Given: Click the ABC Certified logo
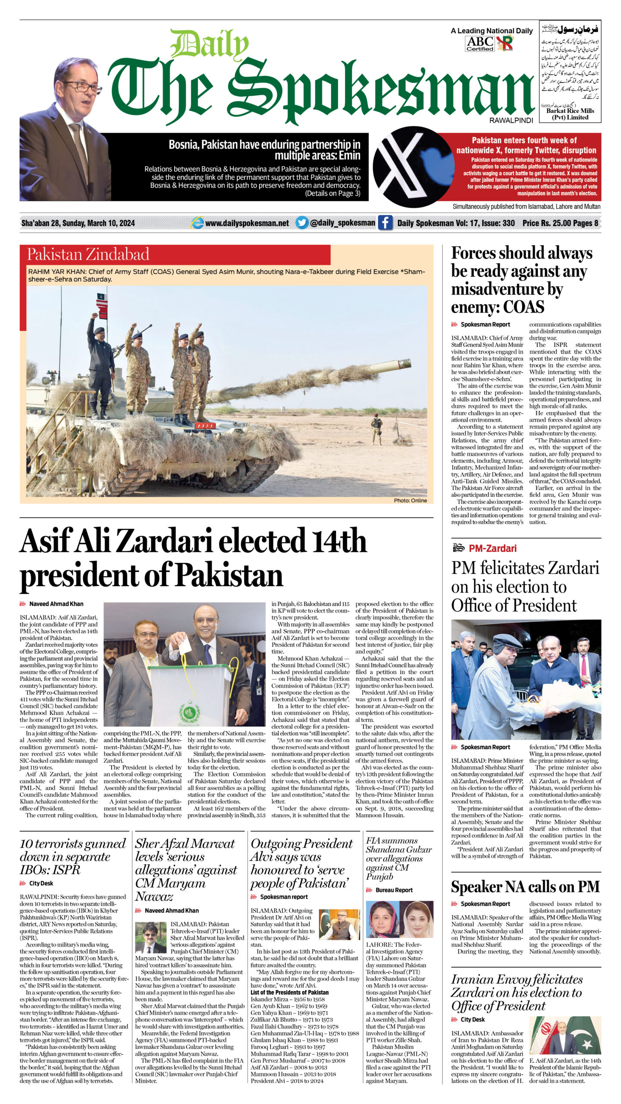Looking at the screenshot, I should coord(480,44).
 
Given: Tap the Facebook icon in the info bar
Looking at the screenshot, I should coord(385,223).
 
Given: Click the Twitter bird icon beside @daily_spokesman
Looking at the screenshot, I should coord(302,223).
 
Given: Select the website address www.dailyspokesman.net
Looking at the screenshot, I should coord(247,223).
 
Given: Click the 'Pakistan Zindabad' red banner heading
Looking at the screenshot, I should coord(88,254).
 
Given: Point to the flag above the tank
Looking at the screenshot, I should coord(101,300).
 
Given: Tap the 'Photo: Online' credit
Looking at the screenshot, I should coord(410,500).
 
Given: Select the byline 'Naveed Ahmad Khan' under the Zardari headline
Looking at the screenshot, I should coord(56,604).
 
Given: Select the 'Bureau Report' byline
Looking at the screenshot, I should coord(394,890).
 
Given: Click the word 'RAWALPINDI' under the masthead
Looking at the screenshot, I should coord(511,120).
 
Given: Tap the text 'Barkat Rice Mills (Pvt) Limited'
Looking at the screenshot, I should coord(570,114).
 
